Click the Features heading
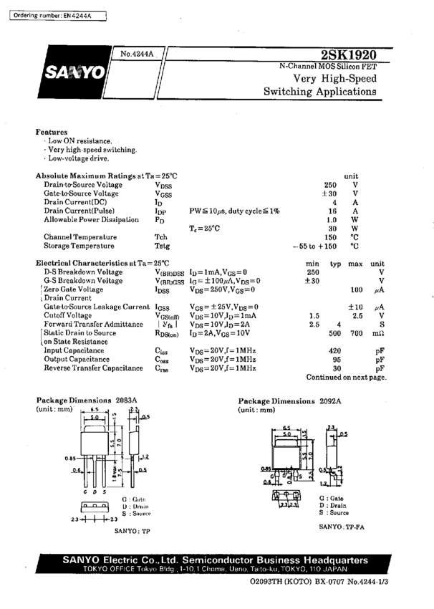click(x=52, y=133)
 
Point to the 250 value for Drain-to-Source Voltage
click(x=330, y=185)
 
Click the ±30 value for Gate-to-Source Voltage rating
click(x=329, y=194)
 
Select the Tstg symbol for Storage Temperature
click(x=162, y=246)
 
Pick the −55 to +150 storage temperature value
click(x=314, y=246)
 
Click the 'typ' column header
click(x=334, y=264)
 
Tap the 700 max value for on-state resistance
click(x=356, y=334)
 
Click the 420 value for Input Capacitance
click(x=334, y=350)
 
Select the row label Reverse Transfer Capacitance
click(x=93, y=368)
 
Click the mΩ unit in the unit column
click(x=379, y=334)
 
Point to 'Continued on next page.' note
click(x=346, y=377)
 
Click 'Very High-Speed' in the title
click(x=335, y=78)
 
